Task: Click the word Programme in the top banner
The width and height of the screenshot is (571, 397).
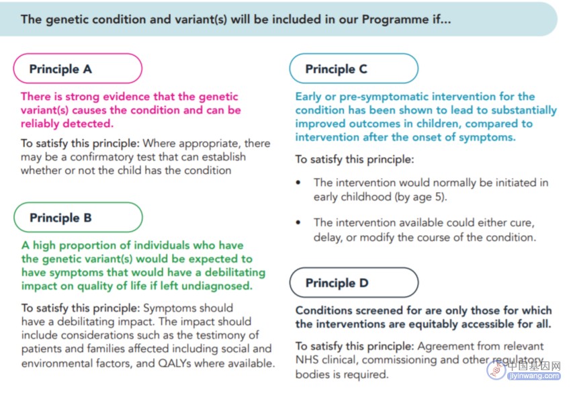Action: coord(395,19)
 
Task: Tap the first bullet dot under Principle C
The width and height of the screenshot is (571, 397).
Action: coord(298,183)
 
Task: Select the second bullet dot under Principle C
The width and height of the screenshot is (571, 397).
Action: coord(298,222)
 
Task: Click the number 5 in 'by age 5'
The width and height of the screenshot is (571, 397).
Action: coord(439,197)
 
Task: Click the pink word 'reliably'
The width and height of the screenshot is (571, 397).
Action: coord(41,124)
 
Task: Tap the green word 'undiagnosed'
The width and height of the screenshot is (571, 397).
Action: coord(217,286)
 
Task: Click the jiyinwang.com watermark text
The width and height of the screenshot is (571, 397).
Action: coord(534,376)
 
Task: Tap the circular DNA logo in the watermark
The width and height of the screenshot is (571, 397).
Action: coord(496,369)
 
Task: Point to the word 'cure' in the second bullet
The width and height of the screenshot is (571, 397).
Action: coord(523,223)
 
